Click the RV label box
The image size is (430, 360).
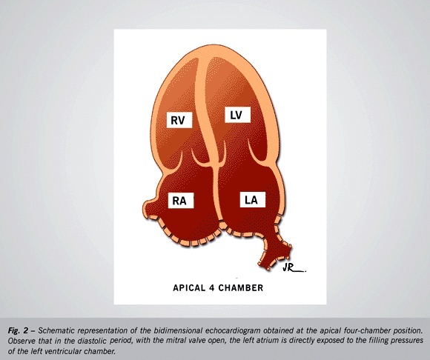tap(179, 120)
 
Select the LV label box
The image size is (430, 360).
tap(237, 115)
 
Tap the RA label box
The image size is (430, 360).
tap(181, 201)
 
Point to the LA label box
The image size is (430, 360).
tap(253, 199)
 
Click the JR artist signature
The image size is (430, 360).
tap(294, 268)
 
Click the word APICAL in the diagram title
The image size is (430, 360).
tap(189, 288)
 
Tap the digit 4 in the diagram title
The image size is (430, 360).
tap(211, 288)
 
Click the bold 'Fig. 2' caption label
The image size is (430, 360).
tap(18, 331)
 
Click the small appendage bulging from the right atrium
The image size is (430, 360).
tap(150, 207)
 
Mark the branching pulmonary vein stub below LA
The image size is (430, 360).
tap(275, 250)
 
